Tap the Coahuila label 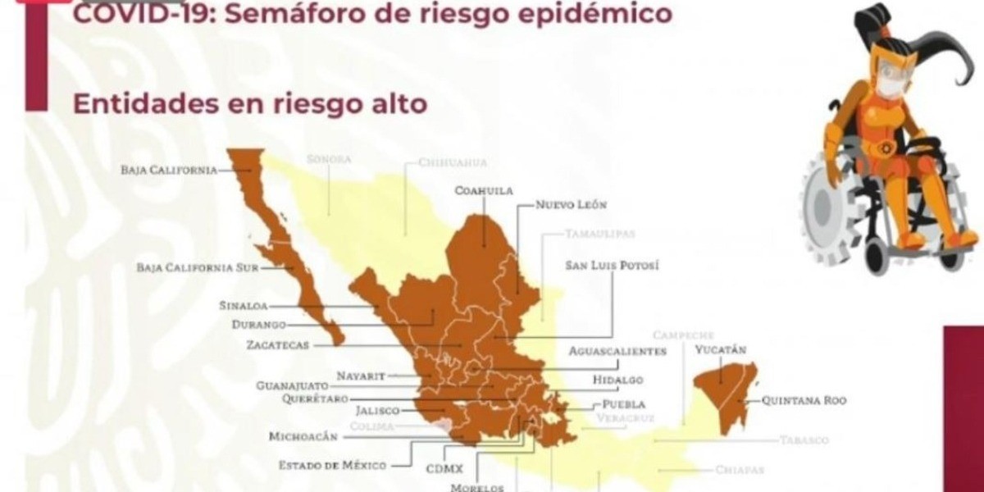(483, 191)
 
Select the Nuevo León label (571, 205)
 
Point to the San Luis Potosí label (612, 266)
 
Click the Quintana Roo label (804, 401)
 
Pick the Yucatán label (721, 350)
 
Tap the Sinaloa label (243, 306)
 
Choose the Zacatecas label (277, 345)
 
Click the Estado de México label (332, 465)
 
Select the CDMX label (444, 468)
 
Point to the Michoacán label (303, 437)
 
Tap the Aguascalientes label (617, 351)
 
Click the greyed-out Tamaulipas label (599, 234)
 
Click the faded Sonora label (328, 159)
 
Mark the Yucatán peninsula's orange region (726, 394)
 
